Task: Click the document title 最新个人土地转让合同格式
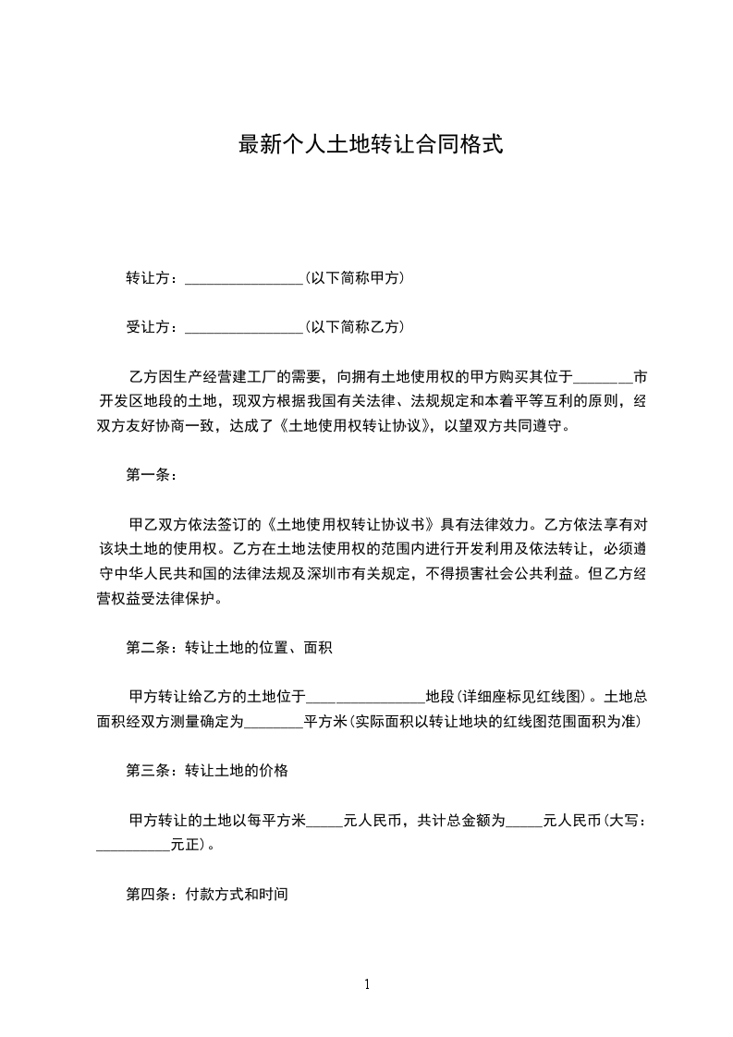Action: pyautogui.click(x=371, y=144)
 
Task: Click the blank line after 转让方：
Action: pyautogui.click(x=244, y=278)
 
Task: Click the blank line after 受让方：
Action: pyautogui.click(x=244, y=327)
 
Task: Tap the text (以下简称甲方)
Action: pyautogui.click(x=354, y=277)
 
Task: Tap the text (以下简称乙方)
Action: pyautogui.click(x=354, y=326)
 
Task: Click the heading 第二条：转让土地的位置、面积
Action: pyautogui.click(x=228, y=648)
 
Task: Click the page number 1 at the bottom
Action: pyautogui.click(x=367, y=984)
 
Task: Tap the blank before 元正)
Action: pyautogui.click(x=134, y=846)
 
